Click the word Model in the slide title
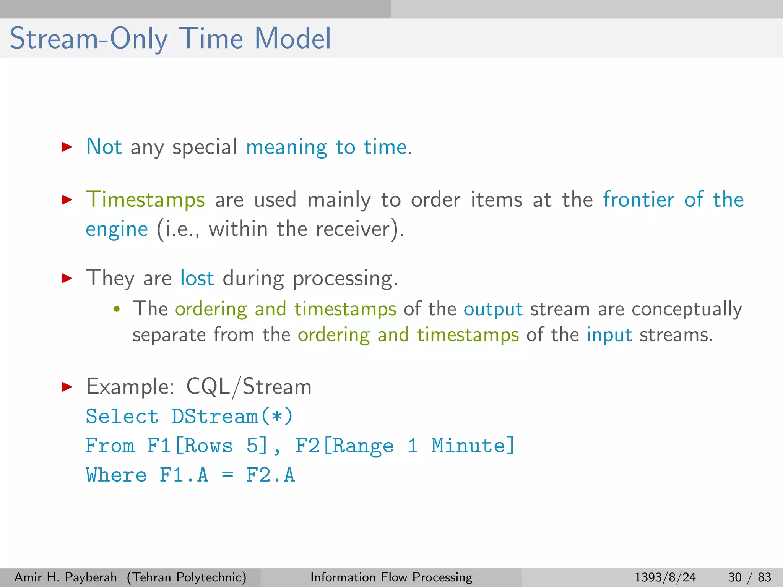click(x=292, y=38)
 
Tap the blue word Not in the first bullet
click(x=104, y=146)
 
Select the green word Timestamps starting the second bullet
click(x=145, y=200)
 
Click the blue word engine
click(x=117, y=229)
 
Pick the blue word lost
click(x=197, y=278)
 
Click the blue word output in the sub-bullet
click(x=493, y=309)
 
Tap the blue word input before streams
click(x=609, y=335)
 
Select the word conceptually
click(x=687, y=309)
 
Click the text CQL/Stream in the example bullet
click(x=249, y=386)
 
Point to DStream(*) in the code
click(x=232, y=416)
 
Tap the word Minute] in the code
click(x=473, y=446)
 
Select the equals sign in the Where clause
click(x=227, y=475)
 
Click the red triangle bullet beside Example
click(x=67, y=387)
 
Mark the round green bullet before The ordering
click(x=117, y=309)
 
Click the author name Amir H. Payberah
click(x=65, y=577)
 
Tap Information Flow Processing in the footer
click(x=391, y=577)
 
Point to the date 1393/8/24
click(x=665, y=577)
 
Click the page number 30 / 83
click(x=749, y=577)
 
